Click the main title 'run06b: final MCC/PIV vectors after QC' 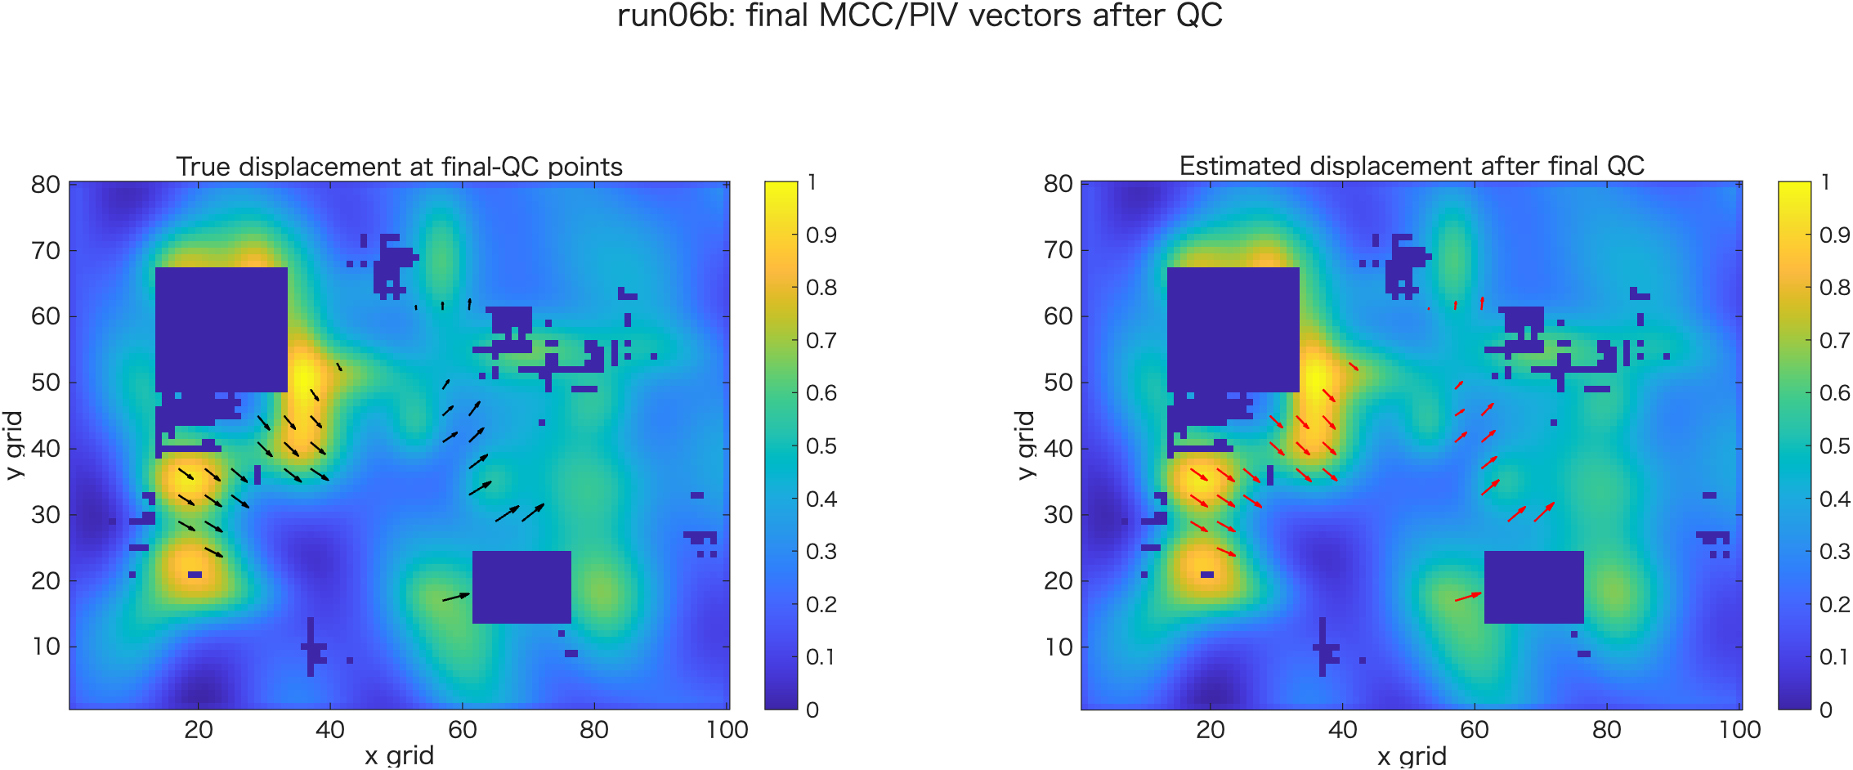point(920,16)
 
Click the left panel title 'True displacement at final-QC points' point(400,167)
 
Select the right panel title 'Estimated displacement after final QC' point(1412,166)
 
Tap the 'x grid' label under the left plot point(400,755)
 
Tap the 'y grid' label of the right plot point(1025,445)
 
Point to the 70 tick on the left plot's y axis point(46,250)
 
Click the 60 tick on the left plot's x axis point(463,729)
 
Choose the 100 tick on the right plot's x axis point(1739,729)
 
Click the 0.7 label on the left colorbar point(821,340)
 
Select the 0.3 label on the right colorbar point(1835,552)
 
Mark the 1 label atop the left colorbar point(812,182)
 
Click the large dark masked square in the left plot point(221,329)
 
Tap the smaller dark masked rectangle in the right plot point(1533,587)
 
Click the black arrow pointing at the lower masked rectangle point(456,598)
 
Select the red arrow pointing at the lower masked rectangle point(1468,598)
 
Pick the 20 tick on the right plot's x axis point(1211,729)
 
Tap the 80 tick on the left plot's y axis point(46,185)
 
